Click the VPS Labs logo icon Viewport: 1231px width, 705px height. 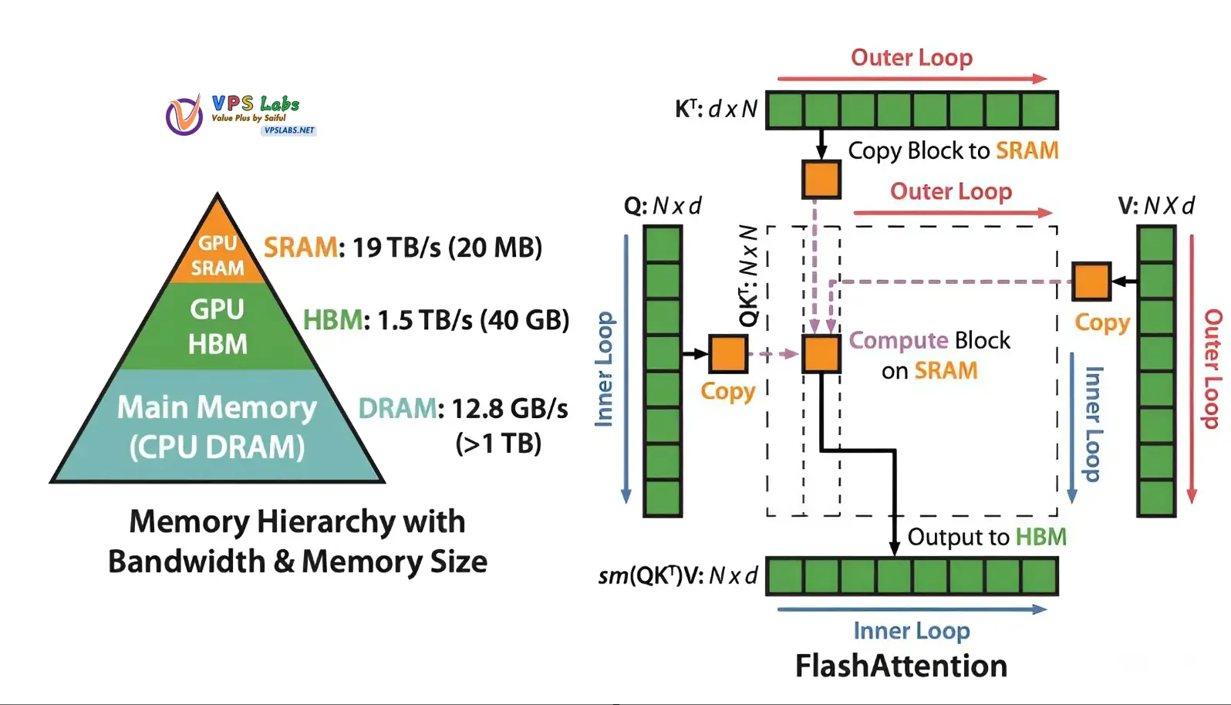click(x=184, y=115)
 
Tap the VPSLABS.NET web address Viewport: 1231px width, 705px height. click(x=289, y=130)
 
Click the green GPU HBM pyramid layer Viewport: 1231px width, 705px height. click(x=218, y=326)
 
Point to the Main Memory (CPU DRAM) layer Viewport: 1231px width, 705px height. click(x=218, y=427)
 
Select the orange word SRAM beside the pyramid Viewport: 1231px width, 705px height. click(x=300, y=248)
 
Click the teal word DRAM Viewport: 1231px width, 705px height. click(x=397, y=408)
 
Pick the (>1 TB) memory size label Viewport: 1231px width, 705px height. click(x=498, y=444)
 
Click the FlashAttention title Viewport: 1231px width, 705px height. click(x=901, y=666)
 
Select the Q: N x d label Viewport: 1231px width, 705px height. click(x=663, y=206)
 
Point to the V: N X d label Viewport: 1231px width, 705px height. click(x=1155, y=206)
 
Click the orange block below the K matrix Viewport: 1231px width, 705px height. click(x=821, y=180)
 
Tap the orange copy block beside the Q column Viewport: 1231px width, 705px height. click(x=727, y=354)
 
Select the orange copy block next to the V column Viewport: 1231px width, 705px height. click(x=1091, y=282)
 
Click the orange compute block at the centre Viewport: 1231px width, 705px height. click(x=821, y=354)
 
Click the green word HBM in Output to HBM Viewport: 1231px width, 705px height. click(x=1040, y=537)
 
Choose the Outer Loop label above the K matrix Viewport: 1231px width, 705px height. click(x=911, y=58)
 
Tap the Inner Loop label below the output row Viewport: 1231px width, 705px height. click(x=911, y=631)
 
